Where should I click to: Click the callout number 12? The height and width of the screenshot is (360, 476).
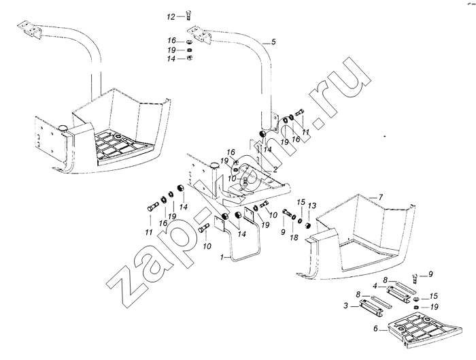pyautogui.click(x=171, y=17)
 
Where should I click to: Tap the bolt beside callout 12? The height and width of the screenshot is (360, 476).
pyautogui.click(x=188, y=15)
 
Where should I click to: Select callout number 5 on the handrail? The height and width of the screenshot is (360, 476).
pyautogui.click(x=273, y=42)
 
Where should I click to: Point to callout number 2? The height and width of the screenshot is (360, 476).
pyautogui.click(x=275, y=170)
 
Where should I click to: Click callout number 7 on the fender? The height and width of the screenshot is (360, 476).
pyautogui.click(x=380, y=197)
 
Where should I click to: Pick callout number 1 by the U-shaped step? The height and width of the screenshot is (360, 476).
pyautogui.click(x=222, y=257)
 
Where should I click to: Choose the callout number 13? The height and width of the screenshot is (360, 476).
pyautogui.click(x=311, y=206)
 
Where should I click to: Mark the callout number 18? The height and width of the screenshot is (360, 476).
pyautogui.click(x=294, y=238)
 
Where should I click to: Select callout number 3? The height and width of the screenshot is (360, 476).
pyautogui.click(x=345, y=306)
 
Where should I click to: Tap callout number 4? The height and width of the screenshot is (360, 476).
pyautogui.click(x=375, y=286)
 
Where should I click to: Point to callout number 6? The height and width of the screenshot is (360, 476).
pyautogui.click(x=375, y=329)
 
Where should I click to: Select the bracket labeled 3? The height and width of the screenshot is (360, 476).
pyautogui.click(x=371, y=307)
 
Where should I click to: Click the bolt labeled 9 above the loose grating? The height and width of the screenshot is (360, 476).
pyautogui.click(x=415, y=278)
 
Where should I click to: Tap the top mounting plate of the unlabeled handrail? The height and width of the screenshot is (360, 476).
pyautogui.click(x=30, y=29)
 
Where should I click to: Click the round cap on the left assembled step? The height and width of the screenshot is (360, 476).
pyautogui.click(x=63, y=127)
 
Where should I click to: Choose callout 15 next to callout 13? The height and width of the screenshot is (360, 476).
pyautogui.click(x=301, y=201)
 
